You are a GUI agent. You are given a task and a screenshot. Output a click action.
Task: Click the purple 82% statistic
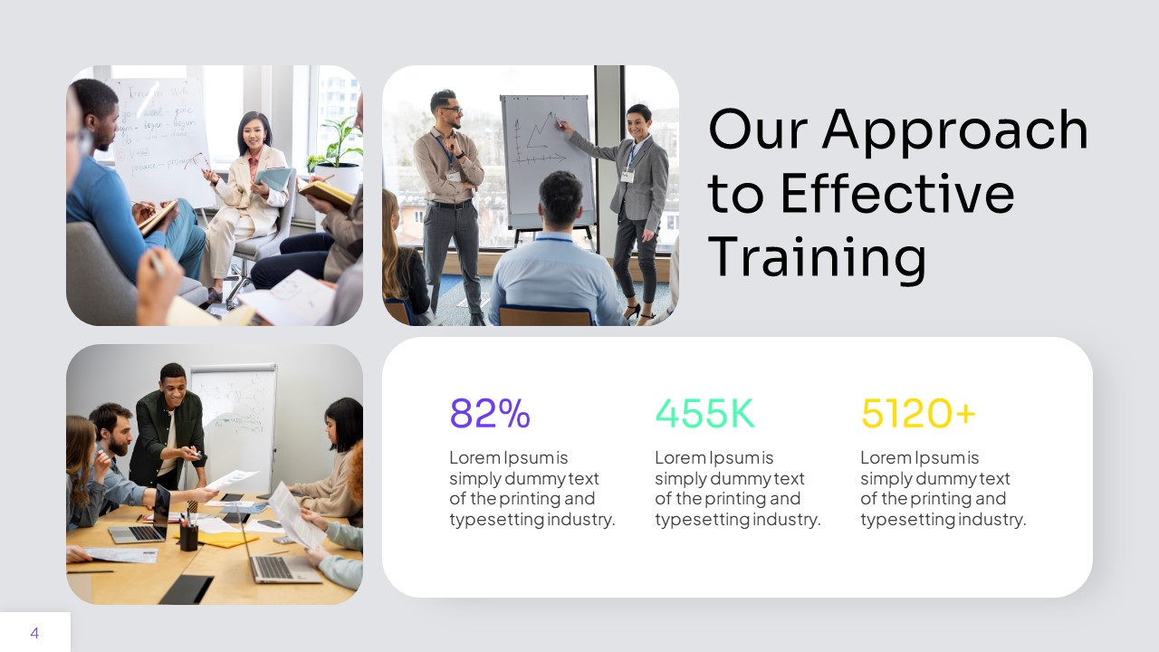tap(490, 414)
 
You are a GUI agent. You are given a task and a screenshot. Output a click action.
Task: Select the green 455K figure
tap(704, 414)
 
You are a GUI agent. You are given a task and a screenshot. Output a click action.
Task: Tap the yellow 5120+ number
tap(917, 414)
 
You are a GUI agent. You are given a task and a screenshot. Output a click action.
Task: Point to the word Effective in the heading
tap(897, 193)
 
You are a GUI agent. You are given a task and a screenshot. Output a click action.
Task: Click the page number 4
tap(34, 633)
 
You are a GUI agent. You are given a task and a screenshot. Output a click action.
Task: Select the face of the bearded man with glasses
tap(447, 110)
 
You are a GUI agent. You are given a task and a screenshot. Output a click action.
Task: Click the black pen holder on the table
tap(188, 537)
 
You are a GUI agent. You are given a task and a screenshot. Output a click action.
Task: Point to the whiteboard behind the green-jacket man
tap(234, 417)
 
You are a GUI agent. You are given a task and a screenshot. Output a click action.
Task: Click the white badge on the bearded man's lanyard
tap(451, 175)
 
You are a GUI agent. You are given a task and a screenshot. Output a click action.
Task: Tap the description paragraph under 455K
tap(737, 488)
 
